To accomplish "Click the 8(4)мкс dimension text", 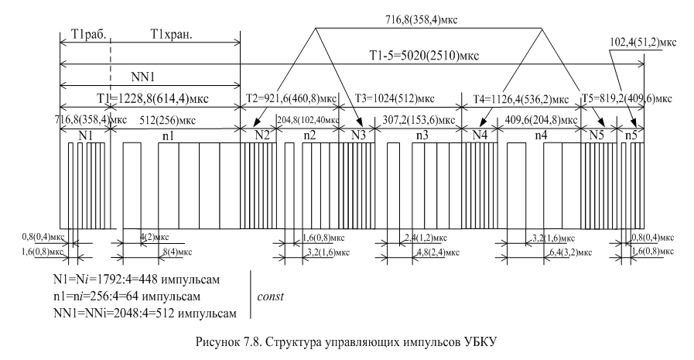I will [x=173, y=252].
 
